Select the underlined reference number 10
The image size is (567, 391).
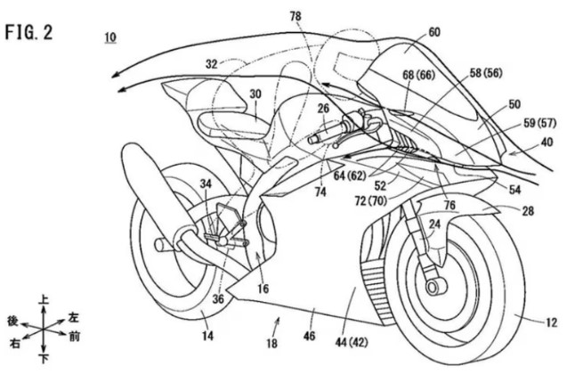[110, 37]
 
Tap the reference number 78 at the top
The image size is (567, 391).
[295, 16]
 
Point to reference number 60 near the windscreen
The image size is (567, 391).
[433, 31]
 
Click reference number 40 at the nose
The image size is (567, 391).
[546, 141]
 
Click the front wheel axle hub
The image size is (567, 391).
[435, 286]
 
